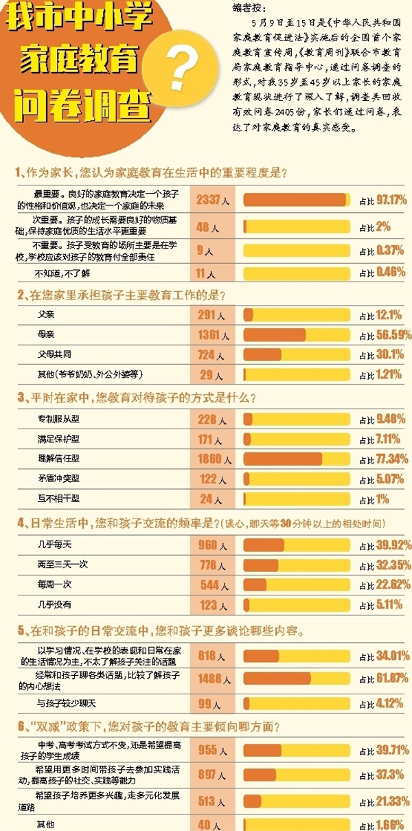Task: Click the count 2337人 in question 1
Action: (211, 201)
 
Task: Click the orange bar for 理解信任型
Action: (282, 459)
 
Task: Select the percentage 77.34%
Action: (385, 459)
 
